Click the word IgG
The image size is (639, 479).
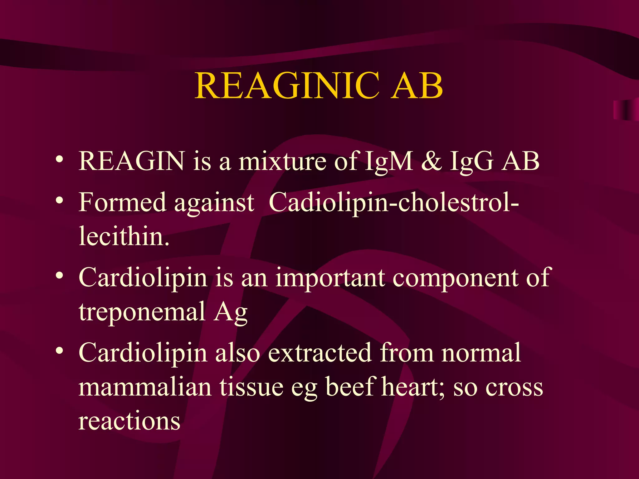click(471, 162)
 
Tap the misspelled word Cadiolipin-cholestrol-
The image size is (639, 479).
click(393, 203)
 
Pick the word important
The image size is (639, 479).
click(330, 278)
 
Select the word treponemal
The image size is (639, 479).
click(142, 312)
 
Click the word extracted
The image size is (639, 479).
click(320, 353)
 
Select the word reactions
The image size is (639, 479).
click(129, 421)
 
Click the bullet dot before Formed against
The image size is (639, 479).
click(60, 200)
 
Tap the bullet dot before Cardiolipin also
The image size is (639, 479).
click(60, 351)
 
